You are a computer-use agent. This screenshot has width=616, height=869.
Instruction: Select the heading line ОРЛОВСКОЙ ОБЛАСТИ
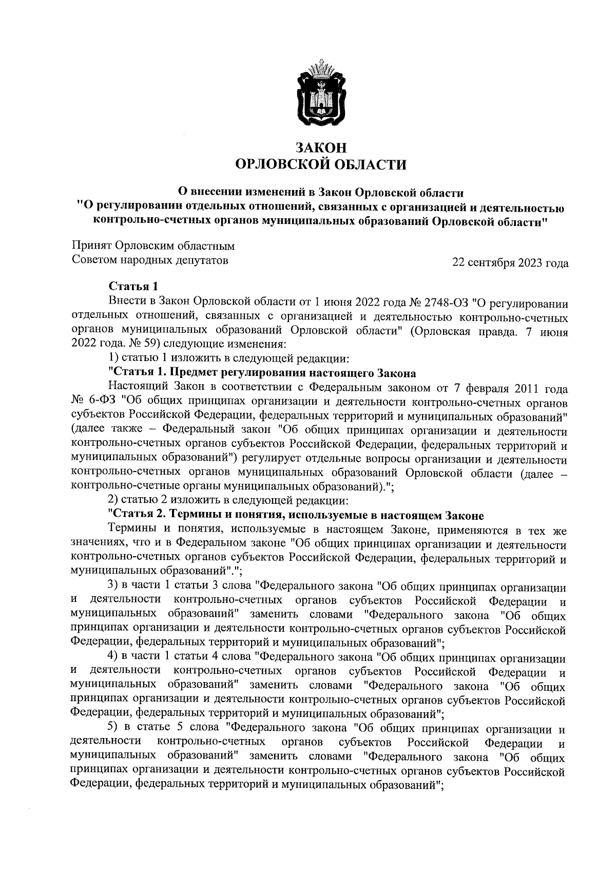pos(320,165)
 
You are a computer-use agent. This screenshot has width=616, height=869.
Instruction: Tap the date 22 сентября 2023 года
pos(510,263)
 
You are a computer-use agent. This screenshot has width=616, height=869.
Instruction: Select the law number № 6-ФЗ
pos(89,400)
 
